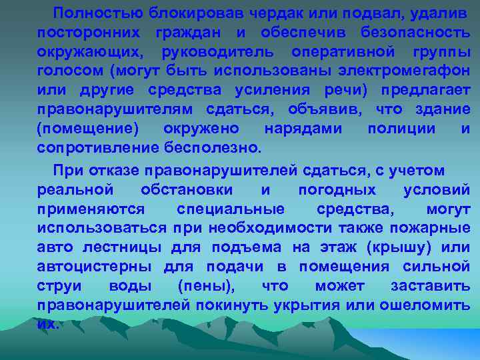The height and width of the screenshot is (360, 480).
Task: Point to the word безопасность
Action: [x=415, y=32]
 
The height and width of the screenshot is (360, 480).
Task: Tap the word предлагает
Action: [x=427, y=90]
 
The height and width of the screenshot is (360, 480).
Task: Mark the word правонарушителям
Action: [x=115, y=109]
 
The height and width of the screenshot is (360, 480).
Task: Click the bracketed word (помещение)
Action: [x=88, y=128]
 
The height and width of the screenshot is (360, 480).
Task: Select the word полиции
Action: [x=399, y=128]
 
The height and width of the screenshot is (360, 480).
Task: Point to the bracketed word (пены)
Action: [x=207, y=286]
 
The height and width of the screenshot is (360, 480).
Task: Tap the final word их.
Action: [x=48, y=325]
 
